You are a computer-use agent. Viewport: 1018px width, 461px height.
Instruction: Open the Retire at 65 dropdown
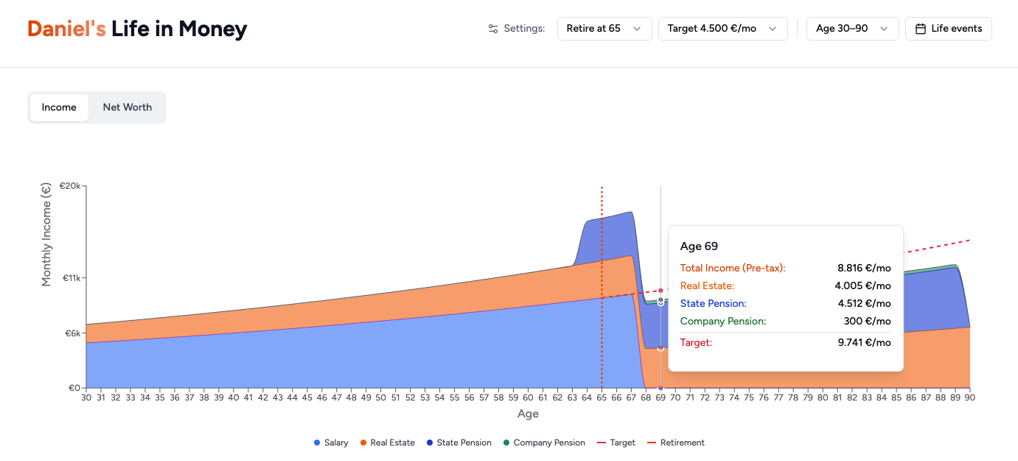coord(604,29)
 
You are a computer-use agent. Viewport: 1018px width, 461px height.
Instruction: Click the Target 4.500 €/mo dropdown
coord(722,29)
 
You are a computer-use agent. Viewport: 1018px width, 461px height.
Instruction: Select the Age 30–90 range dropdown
coord(852,29)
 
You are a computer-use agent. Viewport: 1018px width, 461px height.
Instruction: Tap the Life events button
coord(948,29)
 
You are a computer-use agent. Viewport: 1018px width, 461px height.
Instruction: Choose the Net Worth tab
coord(127,107)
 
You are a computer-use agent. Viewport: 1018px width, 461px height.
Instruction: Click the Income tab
coord(59,107)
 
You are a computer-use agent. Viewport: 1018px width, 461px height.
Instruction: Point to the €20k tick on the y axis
coord(70,186)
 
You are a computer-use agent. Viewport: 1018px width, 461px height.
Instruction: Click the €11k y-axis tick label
coord(71,278)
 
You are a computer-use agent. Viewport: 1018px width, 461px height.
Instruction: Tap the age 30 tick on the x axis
coord(86,398)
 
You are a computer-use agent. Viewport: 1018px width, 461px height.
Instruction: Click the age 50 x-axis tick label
coord(380,398)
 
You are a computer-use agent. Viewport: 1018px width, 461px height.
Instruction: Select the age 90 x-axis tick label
coord(970,398)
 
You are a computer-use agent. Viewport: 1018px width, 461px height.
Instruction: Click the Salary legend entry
coord(331,443)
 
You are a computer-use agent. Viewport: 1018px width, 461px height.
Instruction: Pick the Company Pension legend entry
coord(544,443)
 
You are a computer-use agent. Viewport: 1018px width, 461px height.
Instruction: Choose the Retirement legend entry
coord(676,443)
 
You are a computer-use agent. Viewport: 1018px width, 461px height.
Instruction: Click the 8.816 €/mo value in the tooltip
coord(864,268)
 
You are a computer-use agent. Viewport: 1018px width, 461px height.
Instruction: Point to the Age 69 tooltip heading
coord(699,246)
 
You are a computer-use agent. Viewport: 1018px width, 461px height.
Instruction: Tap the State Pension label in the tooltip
coord(713,303)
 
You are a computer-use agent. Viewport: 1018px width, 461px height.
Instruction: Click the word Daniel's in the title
coord(66,29)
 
